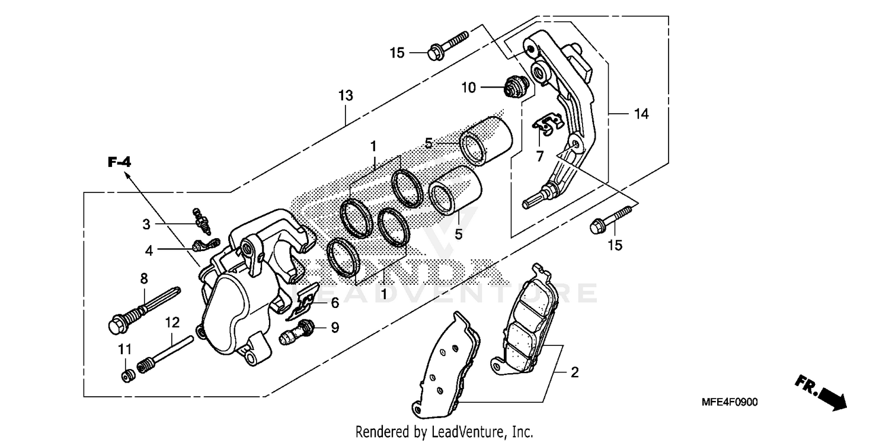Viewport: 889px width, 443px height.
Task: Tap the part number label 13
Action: [346, 95]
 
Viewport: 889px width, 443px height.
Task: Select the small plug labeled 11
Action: [126, 375]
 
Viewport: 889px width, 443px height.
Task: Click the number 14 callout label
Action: [641, 114]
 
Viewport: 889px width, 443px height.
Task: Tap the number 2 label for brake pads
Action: [574, 373]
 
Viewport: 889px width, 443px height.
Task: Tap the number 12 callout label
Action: [172, 323]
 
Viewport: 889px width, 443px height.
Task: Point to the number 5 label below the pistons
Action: [458, 235]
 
